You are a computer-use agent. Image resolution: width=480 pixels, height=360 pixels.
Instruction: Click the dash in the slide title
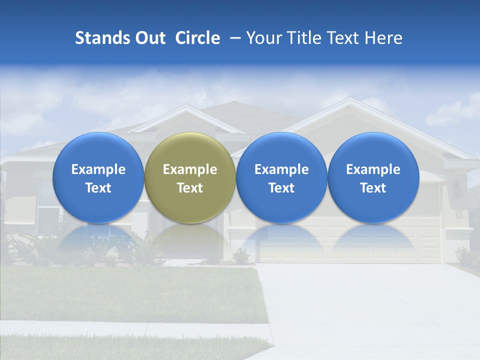pos(233,38)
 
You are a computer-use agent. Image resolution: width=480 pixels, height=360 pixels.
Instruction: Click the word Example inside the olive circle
pos(190,169)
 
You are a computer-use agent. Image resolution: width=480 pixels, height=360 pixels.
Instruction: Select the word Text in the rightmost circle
pos(373,188)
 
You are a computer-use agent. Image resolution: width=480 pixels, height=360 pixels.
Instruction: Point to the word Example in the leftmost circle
pos(98,169)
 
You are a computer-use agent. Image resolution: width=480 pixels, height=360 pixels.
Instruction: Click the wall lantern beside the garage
pos(456,189)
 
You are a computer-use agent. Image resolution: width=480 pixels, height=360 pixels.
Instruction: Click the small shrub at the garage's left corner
pos(241,255)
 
